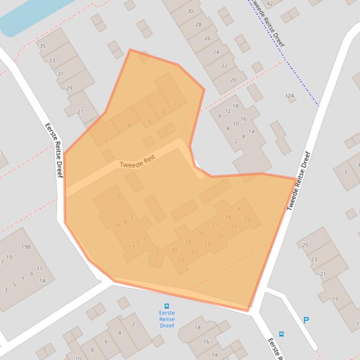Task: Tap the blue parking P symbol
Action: [x=306, y=320]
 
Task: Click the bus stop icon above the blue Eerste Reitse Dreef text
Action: [x=167, y=306]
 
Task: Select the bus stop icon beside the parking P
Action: [x=281, y=334]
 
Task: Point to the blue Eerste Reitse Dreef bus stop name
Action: [x=167, y=319]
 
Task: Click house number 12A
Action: [x=290, y=96]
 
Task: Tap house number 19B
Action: [x=26, y=246]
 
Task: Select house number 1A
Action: [x=43, y=281]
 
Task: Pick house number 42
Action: [x=270, y=4]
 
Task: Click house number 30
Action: [x=190, y=11]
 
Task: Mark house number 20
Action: [x=233, y=80]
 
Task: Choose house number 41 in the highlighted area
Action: [x=241, y=209]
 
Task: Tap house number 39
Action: [x=228, y=217]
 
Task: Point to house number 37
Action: [x=214, y=225]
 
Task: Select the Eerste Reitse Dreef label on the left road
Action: [x=53, y=150]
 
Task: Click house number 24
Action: [x=216, y=52]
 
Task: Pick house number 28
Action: [x=198, y=24]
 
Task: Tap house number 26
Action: [x=207, y=38]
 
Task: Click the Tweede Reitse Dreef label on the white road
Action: [x=299, y=181]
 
